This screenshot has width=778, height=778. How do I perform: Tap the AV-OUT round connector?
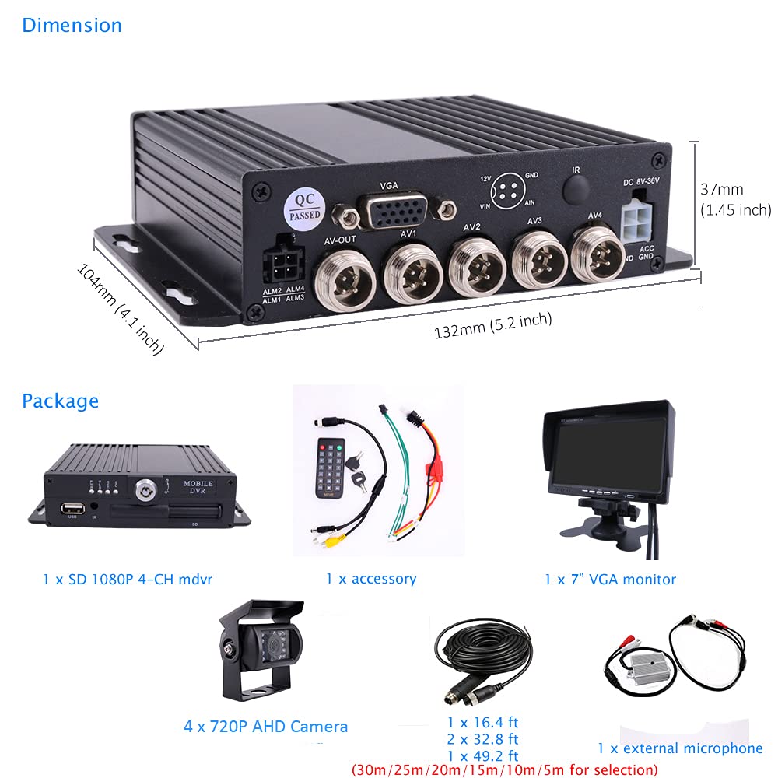pyautogui.click(x=340, y=275)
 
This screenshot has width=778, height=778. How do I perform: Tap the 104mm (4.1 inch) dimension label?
pyautogui.click(x=121, y=308)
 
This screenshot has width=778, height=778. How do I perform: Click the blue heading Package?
pyautogui.click(x=60, y=401)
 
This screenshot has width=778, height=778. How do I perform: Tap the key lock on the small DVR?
pyautogui.click(x=145, y=489)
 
